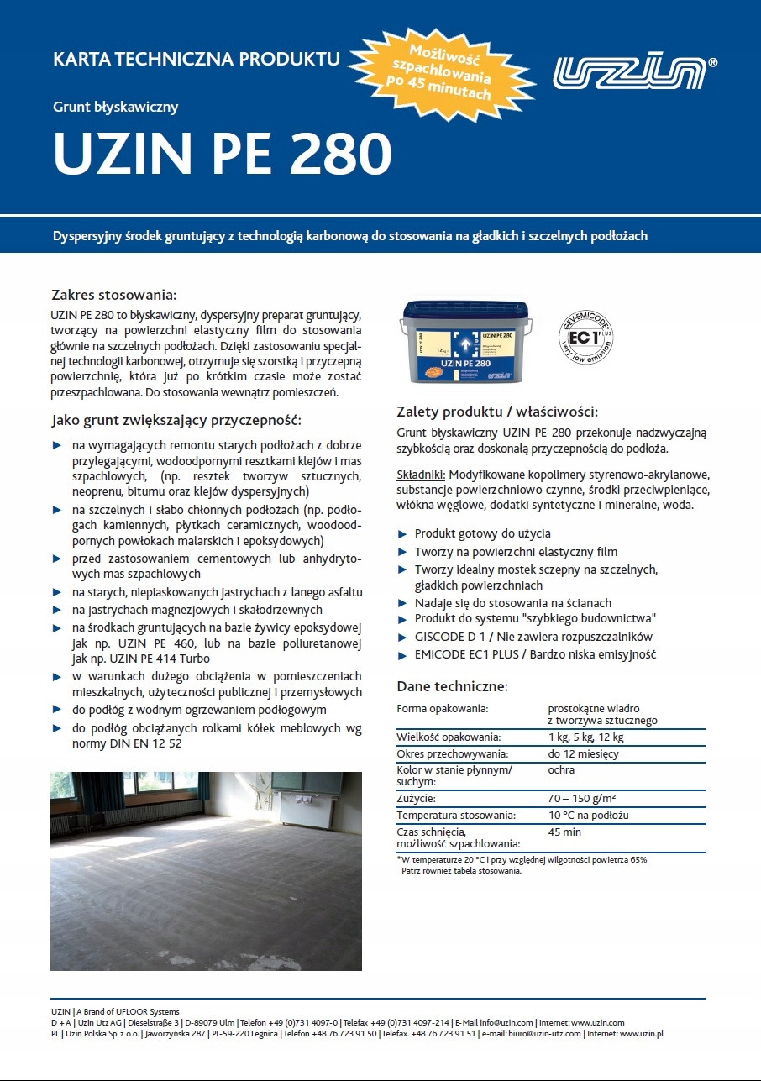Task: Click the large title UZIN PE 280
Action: (223, 151)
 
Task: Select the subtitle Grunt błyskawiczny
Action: (116, 107)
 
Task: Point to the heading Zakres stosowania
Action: (114, 296)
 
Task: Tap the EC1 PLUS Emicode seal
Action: (585, 341)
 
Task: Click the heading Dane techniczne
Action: (452, 686)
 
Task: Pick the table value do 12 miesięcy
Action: (583, 753)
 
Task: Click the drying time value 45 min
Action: (564, 832)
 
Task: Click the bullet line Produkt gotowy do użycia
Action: (483, 533)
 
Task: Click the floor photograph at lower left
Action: (206, 871)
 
